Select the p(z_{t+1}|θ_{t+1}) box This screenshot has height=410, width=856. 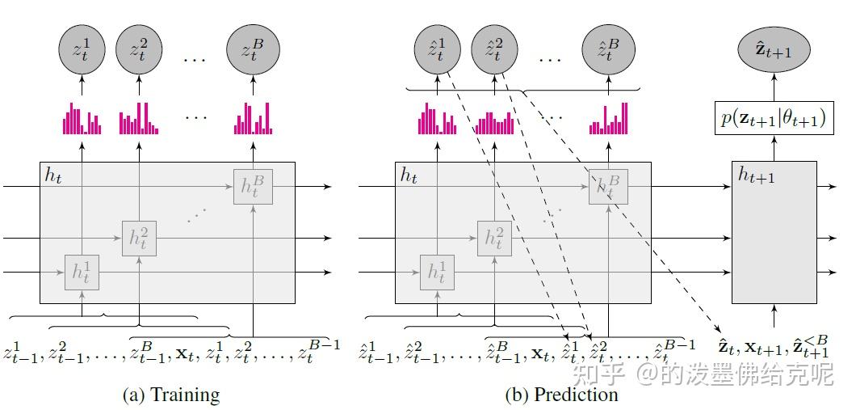tap(774, 118)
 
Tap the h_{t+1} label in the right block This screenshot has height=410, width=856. tap(756, 175)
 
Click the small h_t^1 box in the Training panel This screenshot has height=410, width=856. tap(82, 273)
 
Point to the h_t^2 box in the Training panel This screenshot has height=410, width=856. tap(140, 238)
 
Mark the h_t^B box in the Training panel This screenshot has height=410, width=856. tap(254, 186)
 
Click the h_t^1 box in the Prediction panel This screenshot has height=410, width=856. tap(437, 273)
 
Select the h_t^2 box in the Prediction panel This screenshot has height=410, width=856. tap(493, 238)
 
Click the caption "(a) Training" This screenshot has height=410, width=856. tap(170, 395)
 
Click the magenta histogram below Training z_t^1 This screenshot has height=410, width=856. tap(82, 120)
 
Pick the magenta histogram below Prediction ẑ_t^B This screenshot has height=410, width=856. tap(608, 120)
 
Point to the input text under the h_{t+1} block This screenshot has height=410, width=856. tap(773, 347)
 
